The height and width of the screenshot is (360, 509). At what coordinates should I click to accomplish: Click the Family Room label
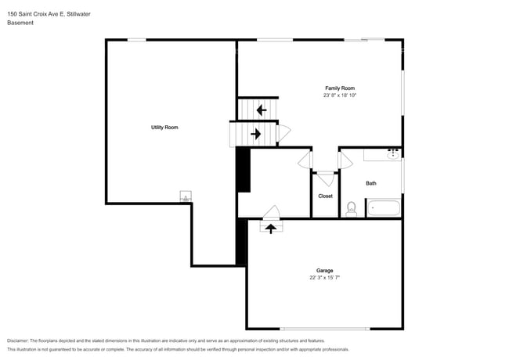pos(340,88)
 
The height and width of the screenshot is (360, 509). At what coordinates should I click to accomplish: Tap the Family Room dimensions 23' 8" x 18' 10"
pos(340,95)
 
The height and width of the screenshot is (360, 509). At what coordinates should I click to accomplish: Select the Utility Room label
pos(164,128)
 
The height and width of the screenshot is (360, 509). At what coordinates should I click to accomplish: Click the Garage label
pos(325,271)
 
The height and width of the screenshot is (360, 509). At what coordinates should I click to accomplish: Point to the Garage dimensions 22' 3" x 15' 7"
pos(325,278)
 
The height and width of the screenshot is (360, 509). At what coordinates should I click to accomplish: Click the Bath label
pos(371,184)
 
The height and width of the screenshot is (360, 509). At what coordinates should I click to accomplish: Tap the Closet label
pos(325,196)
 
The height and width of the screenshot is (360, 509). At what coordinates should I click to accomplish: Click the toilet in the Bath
pos(352,209)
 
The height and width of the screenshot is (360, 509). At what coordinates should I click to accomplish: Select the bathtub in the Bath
pos(384,208)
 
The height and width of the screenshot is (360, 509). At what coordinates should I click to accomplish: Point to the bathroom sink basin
pos(393,156)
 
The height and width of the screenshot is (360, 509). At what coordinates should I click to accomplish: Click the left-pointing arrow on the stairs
pos(262,110)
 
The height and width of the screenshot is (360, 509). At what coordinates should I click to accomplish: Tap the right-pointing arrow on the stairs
pos(256,134)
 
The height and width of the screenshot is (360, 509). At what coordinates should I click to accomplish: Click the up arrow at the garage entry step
pos(271,229)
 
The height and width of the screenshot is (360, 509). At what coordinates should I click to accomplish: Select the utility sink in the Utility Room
pos(186,196)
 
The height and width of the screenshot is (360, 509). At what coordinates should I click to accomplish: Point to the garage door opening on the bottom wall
pos(325,329)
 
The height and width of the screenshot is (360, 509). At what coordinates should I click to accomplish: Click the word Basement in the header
pos(20,23)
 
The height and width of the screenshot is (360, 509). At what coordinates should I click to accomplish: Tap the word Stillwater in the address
pos(78,14)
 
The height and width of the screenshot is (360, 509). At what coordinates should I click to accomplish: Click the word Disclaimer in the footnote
pos(18,341)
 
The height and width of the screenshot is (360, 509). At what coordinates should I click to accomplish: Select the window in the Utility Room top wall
pos(137,40)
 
